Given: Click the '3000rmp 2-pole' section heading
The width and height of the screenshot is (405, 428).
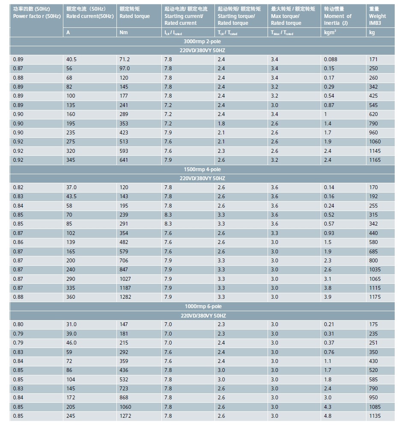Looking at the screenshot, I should [202, 42].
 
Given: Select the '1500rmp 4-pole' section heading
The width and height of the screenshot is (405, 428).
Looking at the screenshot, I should [202, 169].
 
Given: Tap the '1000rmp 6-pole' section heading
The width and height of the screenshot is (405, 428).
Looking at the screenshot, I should [203, 306].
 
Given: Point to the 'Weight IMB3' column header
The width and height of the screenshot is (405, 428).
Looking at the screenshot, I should [377, 16].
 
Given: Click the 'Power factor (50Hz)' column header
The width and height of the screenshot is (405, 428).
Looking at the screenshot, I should [36, 12].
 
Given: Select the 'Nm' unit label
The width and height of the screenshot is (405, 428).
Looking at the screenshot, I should [124, 33].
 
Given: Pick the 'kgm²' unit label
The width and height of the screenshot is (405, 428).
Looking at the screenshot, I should [330, 32].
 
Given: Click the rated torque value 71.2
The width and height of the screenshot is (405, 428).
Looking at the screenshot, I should [125, 59].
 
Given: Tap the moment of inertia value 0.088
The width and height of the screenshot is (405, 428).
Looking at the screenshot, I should [331, 59].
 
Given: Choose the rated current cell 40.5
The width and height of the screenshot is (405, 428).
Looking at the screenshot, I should [71, 59].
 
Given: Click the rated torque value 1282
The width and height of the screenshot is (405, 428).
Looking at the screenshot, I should [125, 297].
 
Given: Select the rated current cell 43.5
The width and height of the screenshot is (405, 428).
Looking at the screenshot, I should [71, 196].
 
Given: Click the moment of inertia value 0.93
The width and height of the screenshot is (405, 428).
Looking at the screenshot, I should [329, 233].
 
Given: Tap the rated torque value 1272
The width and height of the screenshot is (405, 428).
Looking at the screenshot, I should [125, 416].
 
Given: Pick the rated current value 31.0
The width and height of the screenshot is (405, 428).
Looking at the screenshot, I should [71, 324].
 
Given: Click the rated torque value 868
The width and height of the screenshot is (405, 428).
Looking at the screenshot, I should [124, 398].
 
